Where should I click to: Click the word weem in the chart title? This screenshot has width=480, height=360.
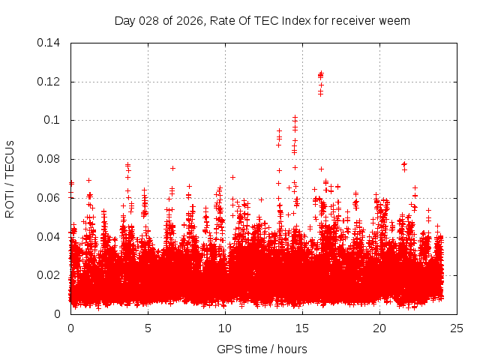[395, 20]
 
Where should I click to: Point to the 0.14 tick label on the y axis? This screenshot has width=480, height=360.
[49, 43]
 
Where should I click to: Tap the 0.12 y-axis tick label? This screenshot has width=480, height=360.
[49, 82]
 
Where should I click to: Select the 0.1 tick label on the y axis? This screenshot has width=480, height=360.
[52, 120]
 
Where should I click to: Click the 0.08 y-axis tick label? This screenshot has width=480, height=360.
[49, 159]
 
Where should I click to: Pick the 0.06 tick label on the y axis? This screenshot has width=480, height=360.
[49, 198]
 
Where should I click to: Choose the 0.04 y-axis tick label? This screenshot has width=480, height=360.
[49, 237]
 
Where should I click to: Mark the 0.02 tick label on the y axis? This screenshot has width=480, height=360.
[49, 275]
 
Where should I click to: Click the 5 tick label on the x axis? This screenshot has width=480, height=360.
[148, 328]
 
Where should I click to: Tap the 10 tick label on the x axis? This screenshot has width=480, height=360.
[225, 328]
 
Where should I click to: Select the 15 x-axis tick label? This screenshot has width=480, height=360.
[302, 328]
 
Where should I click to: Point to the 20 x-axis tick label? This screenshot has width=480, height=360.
[379, 328]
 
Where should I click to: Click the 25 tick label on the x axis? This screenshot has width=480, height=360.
[457, 328]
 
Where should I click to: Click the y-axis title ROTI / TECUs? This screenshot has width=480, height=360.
[10, 178]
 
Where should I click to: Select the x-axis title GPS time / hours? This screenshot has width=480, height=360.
[263, 349]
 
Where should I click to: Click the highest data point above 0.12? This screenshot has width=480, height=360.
[321, 73]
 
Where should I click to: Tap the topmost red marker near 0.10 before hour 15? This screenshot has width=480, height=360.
[295, 118]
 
